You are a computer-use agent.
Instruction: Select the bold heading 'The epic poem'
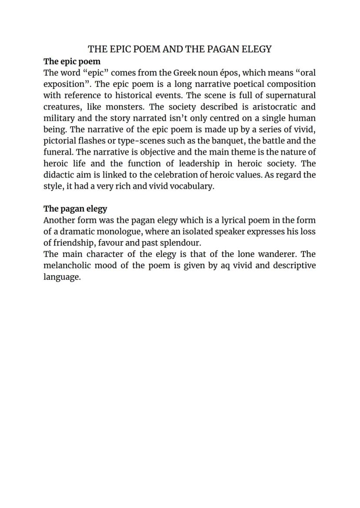pyautogui.click(x=72, y=61)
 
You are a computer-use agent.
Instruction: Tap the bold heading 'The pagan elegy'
pyautogui.click(x=75, y=209)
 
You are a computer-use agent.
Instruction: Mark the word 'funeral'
pyautogui.click(x=58, y=152)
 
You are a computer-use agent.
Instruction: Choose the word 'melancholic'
pyautogui.click(x=67, y=265)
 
